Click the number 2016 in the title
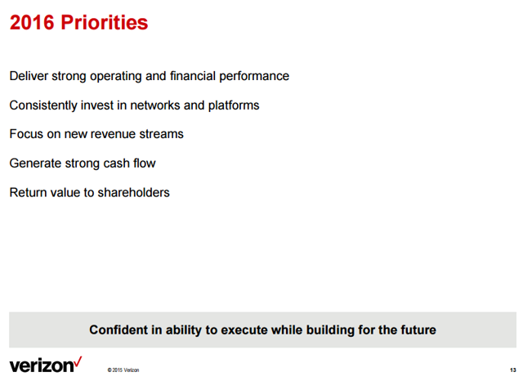(x=32, y=22)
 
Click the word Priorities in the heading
(x=105, y=22)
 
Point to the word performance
(x=254, y=77)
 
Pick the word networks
(x=155, y=105)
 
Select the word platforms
(x=234, y=105)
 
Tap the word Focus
(x=26, y=134)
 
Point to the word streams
(x=162, y=134)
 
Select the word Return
(x=29, y=193)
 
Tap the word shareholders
(x=133, y=193)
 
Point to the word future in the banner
(x=418, y=330)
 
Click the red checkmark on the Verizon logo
(x=78, y=362)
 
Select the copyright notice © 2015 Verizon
(x=123, y=370)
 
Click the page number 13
(x=513, y=370)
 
